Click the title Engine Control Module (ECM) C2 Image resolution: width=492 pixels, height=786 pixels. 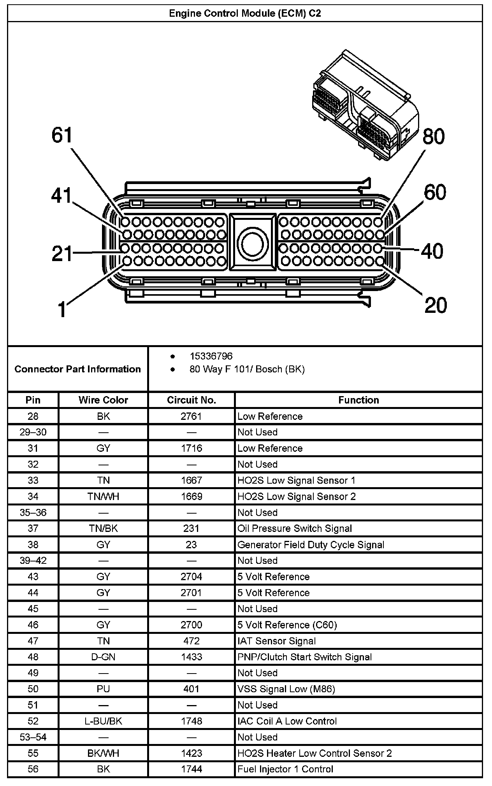pos(245,14)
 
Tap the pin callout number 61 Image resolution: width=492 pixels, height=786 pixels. pos(62,135)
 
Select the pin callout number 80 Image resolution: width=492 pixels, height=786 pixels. pos(433,137)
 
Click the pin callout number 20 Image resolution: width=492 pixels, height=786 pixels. pos(436,305)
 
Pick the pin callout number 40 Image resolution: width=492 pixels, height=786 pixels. pos(432,251)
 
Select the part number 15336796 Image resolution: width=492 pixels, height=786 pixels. pos(211,356)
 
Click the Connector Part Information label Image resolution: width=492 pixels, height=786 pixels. pos(77,369)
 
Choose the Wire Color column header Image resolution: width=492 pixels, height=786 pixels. pos(103,400)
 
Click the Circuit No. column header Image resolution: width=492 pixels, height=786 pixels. pos(191,400)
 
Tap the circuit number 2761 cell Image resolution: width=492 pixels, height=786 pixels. pos(191,416)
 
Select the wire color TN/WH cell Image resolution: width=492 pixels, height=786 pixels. pos(103,497)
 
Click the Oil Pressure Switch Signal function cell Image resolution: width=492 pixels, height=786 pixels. pos(295,528)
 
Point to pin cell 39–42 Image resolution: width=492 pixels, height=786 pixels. pos(33,561)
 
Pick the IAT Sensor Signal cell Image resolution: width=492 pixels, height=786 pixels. pos(276,641)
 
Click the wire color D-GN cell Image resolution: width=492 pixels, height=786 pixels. pos(103,657)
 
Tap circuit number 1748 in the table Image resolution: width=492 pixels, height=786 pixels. pos(191,721)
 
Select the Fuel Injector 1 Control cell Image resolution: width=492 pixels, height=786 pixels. pos(285,769)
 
